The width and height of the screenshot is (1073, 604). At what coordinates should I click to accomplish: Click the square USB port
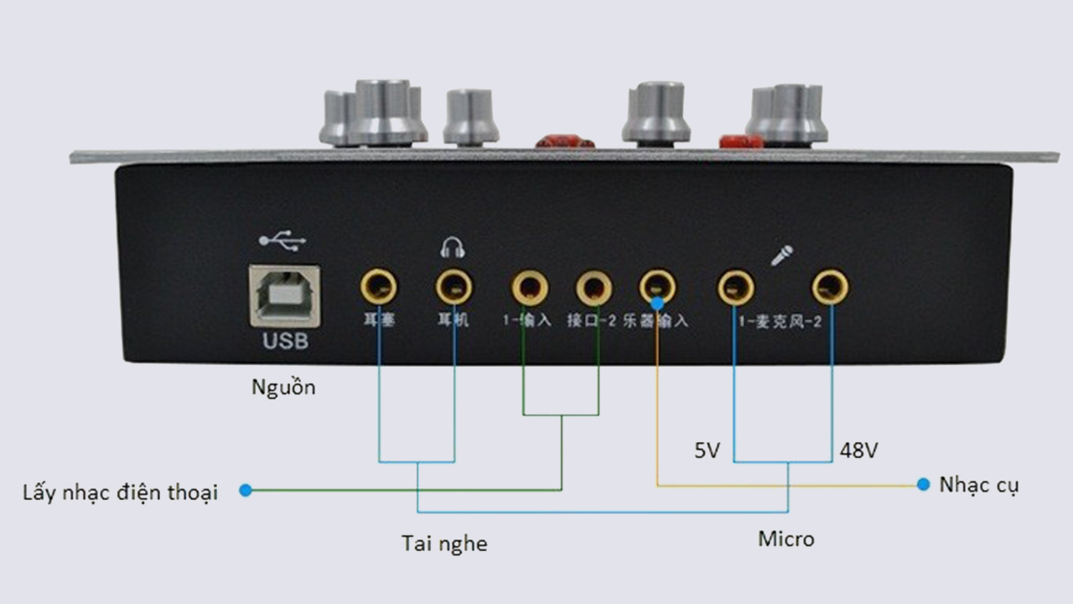coord(285,295)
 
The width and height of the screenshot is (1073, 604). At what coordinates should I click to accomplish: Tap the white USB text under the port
coord(285,341)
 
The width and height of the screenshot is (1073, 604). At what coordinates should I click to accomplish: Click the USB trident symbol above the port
coord(283,242)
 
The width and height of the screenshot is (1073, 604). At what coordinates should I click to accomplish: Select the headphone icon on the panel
coord(453,247)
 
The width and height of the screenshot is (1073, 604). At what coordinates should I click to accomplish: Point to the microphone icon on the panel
coord(781,255)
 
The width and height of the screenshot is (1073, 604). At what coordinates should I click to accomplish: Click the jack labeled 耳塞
coord(379,288)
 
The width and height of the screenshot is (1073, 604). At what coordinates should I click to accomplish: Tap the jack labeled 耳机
coord(454,288)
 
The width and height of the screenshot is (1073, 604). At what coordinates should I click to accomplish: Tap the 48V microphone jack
coord(830,288)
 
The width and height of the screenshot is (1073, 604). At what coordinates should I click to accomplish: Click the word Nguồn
coord(284,388)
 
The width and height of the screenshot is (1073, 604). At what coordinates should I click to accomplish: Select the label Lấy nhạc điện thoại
coord(120,492)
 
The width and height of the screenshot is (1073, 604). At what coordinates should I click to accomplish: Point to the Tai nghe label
coord(444,544)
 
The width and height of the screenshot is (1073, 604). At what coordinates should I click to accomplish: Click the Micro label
coord(785,539)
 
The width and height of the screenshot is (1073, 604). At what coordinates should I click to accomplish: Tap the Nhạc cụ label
coord(979,486)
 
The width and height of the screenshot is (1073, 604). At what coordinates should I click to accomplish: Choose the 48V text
coord(858,450)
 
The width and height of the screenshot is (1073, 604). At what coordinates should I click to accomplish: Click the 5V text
coord(707,450)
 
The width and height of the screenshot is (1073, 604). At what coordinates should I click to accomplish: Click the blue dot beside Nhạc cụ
coord(923,485)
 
